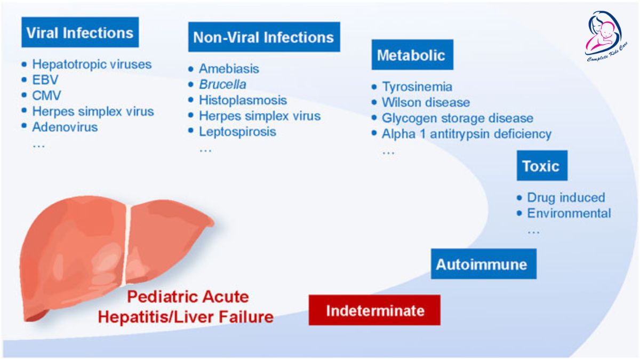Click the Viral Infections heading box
(80, 33)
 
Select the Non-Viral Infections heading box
(264, 37)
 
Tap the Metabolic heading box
(412, 54)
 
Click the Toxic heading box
(542, 165)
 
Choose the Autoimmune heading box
(483, 263)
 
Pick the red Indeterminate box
(374, 310)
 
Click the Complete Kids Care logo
(606, 36)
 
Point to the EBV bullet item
(45, 79)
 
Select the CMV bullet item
(46, 95)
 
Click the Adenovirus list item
(65, 127)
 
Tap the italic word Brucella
(222, 84)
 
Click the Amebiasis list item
(229, 69)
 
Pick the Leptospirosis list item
(237, 132)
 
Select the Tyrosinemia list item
(417, 86)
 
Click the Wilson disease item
(426, 102)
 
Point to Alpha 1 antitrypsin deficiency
(467, 134)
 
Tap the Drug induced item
(566, 197)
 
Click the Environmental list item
(569, 213)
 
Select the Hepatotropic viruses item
(92, 65)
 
